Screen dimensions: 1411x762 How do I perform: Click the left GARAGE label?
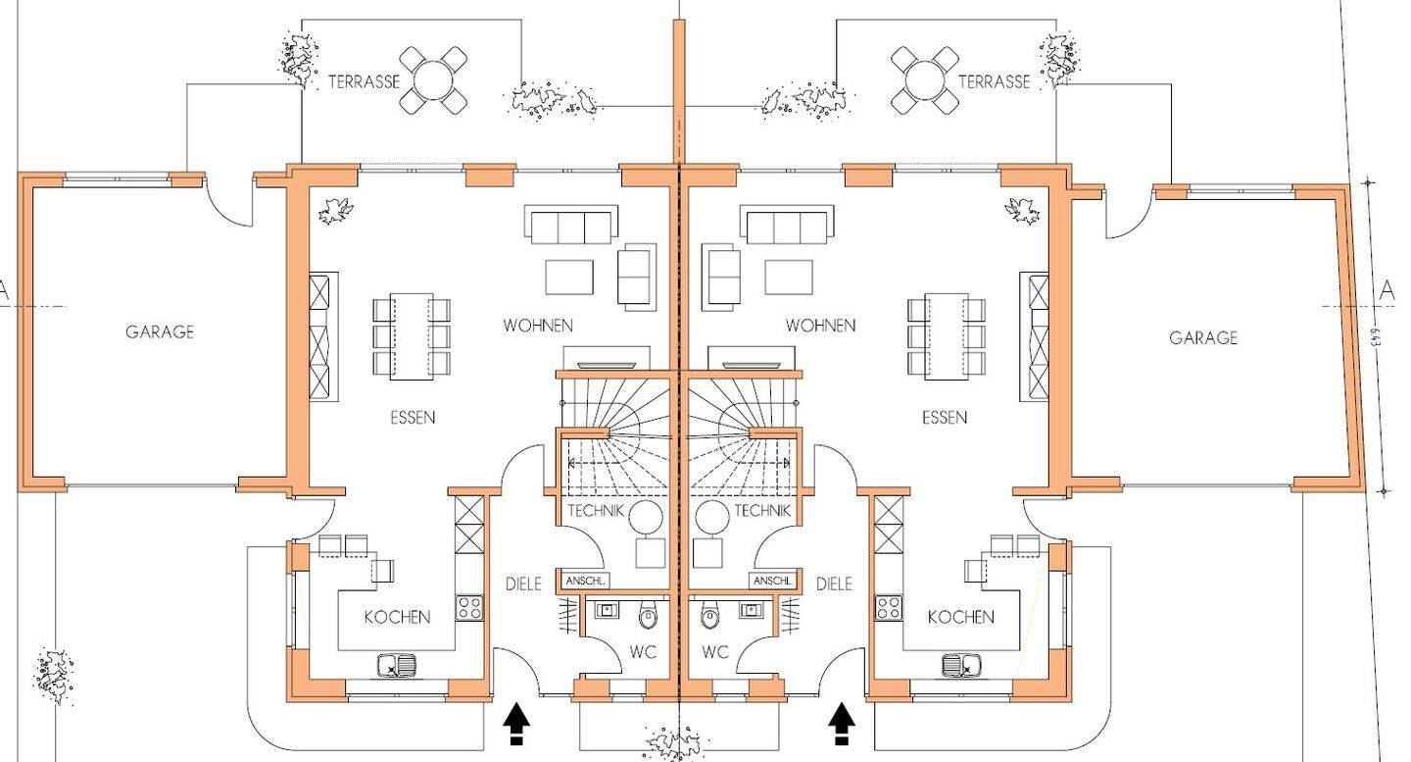(160, 332)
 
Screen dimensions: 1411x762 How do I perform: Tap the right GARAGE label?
(1203, 337)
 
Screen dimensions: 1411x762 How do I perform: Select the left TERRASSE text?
(365, 81)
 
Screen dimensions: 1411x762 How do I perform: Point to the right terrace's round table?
(925, 80)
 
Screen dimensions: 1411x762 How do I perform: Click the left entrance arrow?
(515, 724)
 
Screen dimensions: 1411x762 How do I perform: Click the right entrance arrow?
(841, 724)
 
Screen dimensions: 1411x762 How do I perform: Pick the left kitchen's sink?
(397, 665)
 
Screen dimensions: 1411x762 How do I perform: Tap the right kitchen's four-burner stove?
(888, 608)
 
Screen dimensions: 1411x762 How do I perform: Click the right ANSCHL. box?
(772, 581)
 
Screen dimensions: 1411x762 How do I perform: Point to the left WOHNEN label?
(538, 326)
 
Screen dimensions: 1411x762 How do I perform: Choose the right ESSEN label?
(945, 417)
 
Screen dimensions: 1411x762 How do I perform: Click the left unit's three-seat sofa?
(570, 225)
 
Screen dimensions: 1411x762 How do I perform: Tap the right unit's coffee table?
(789, 278)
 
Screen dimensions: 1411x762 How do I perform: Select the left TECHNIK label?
(596, 510)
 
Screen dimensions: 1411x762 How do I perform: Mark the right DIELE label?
(834, 584)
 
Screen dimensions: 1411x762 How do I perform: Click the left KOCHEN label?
(398, 617)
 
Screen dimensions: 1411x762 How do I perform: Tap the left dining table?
(412, 336)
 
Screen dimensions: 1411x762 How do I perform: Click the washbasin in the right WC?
(751, 609)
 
